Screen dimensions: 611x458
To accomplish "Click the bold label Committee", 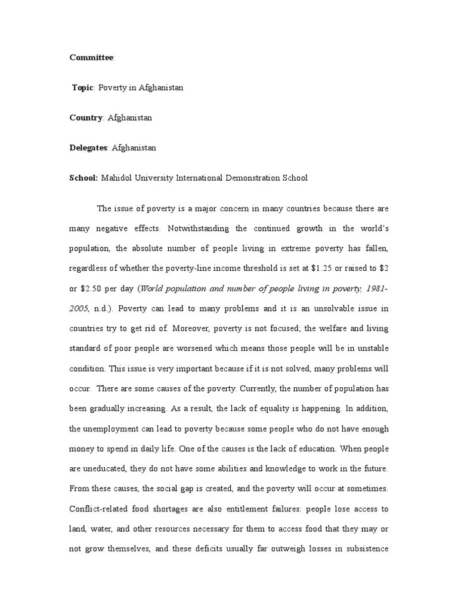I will click(x=92, y=57).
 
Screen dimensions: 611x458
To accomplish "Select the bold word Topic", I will click(x=83, y=88).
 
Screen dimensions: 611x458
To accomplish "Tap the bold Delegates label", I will click(x=88, y=147).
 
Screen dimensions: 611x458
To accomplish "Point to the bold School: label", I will click(x=83, y=178).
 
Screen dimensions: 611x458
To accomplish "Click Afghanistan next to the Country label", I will click(x=130, y=118).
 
